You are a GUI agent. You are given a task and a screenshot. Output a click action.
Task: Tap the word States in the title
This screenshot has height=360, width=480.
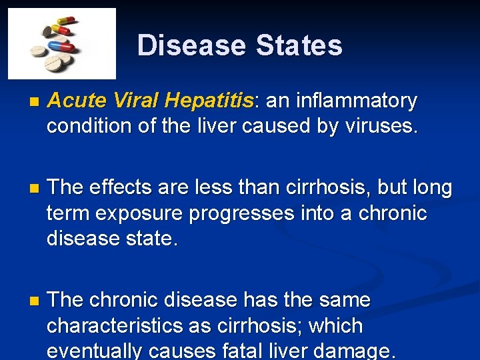pos(299,45)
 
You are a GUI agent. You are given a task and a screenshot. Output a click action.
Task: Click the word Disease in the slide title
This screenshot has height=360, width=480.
pos(192,45)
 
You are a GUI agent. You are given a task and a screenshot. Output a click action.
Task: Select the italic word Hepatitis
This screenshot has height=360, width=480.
pos(210,101)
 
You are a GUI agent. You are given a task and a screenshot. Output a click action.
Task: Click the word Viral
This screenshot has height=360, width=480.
pos(137,101)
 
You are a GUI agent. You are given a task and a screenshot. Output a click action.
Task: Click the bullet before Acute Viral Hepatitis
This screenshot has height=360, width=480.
pos(35,102)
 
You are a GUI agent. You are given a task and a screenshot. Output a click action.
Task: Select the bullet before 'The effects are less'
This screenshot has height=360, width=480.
pos(35,189)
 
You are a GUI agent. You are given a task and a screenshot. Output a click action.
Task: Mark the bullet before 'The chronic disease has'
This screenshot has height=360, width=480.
pos(35,301)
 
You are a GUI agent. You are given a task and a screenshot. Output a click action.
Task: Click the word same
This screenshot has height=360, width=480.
pos(342,300)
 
